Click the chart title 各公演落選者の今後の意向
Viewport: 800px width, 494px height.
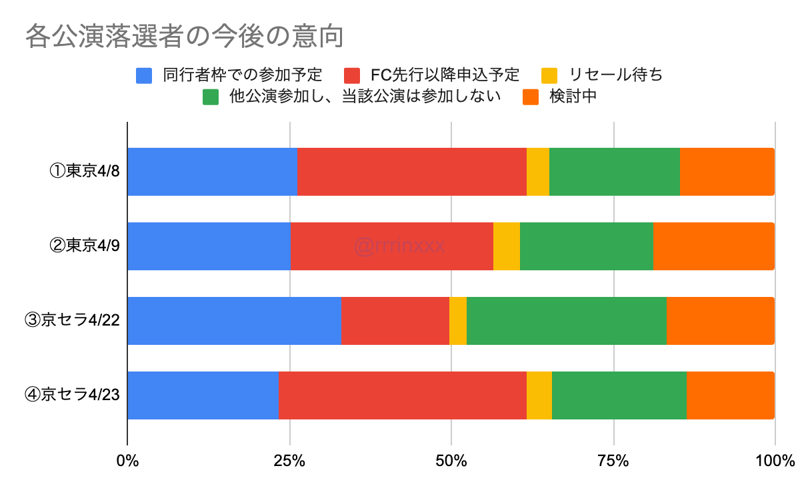(184, 37)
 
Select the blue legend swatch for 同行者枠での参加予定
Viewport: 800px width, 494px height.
(144, 75)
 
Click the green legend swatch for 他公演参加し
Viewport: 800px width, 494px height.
(211, 97)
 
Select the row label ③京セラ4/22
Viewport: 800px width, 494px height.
(71, 321)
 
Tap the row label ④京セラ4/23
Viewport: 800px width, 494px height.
(71, 395)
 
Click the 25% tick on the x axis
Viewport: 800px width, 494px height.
(289, 461)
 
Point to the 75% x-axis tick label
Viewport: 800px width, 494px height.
(613, 461)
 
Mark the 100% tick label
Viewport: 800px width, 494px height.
(775, 461)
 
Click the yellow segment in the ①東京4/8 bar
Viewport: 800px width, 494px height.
(538, 172)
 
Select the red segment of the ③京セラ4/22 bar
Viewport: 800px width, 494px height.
(395, 321)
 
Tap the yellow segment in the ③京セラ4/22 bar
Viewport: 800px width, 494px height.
(458, 321)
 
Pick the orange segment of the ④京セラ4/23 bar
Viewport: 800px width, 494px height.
(730, 395)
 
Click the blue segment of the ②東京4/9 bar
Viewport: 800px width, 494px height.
(209, 246)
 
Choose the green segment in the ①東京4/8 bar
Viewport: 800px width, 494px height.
(615, 172)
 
